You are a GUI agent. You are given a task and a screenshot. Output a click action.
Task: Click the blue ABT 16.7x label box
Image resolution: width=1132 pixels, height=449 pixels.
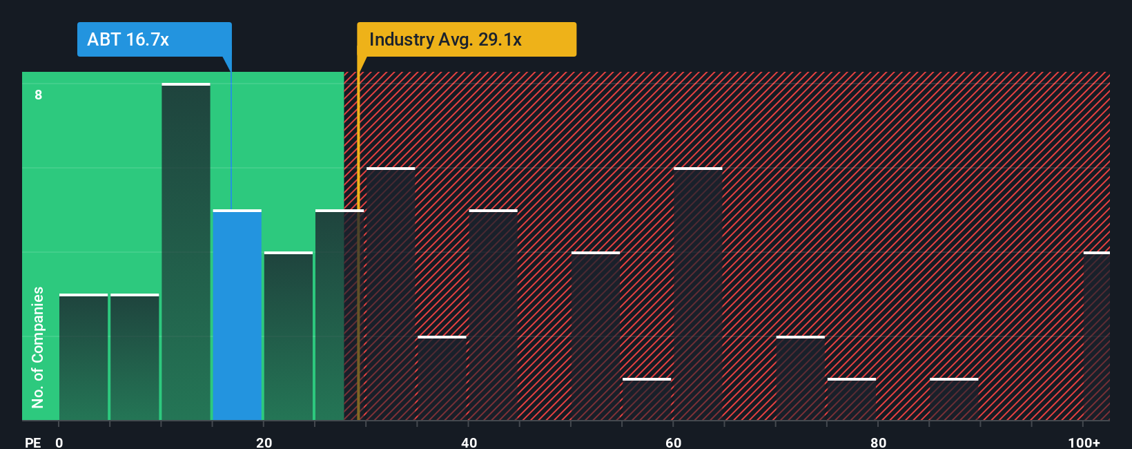[x=154, y=39]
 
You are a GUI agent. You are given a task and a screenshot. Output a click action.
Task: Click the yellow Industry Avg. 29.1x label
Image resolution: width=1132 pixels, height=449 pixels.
[x=466, y=39]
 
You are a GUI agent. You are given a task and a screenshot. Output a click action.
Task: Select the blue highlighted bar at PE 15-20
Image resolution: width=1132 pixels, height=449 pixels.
[x=237, y=315]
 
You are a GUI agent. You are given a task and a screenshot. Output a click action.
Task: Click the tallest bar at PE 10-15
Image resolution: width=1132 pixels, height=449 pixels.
[x=186, y=252]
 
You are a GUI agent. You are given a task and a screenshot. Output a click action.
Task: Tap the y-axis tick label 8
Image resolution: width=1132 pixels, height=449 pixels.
[x=39, y=95]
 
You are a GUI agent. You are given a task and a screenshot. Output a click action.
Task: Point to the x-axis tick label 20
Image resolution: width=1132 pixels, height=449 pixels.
[x=264, y=442]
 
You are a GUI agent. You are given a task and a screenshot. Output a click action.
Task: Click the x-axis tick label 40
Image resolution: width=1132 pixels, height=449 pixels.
[x=469, y=442]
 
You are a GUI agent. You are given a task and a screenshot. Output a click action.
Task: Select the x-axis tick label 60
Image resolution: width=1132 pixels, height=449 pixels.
[x=673, y=442]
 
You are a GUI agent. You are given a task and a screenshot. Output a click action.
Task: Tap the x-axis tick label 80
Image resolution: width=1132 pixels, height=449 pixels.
[x=878, y=442]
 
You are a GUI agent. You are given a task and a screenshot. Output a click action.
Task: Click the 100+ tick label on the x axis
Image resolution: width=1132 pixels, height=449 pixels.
[x=1084, y=442]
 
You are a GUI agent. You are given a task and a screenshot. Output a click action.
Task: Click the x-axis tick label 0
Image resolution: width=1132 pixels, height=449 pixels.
[x=59, y=442]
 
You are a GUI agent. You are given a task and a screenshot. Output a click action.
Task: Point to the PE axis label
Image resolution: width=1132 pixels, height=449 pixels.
[x=32, y=442]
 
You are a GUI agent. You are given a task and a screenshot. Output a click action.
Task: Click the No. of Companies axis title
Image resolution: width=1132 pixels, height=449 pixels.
[x=38, y=347]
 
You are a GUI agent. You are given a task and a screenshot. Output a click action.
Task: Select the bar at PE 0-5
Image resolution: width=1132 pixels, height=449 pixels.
[x=84, y=357]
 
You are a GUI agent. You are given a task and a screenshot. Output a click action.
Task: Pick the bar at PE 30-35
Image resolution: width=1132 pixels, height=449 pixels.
[x=391, y=294]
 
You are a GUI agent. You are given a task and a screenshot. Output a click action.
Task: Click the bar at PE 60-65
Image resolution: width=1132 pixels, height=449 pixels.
[x=698, y=294]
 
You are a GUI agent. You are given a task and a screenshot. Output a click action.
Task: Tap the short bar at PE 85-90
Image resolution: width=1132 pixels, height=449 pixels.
[x=954, y=399]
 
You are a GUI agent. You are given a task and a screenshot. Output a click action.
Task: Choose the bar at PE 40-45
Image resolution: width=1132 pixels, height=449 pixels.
[x=493, y=315]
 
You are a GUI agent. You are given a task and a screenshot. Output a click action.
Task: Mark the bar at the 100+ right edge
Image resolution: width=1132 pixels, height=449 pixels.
[x=1097, y=336]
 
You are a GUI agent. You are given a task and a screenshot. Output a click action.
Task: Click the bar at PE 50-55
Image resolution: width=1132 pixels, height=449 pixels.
[x=596, y=336]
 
